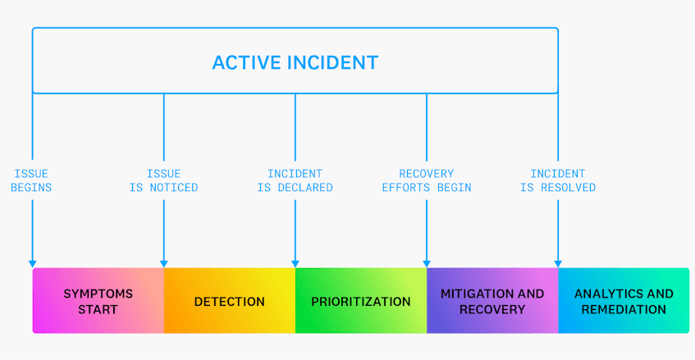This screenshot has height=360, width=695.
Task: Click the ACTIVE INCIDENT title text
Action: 295,62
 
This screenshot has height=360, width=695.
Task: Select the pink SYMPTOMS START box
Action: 98,301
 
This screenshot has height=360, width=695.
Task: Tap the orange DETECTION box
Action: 230,301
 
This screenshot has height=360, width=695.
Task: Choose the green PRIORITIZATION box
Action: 361,301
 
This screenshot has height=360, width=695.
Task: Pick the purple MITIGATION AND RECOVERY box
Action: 492,301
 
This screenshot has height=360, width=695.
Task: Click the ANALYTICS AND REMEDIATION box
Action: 624,301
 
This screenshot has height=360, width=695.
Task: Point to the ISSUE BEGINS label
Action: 31,180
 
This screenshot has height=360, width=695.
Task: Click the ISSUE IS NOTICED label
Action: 163,180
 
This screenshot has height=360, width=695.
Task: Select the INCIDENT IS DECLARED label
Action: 295,180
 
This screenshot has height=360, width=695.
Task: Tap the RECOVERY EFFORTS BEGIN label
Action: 427,180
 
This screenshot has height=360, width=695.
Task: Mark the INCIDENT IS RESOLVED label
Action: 558,180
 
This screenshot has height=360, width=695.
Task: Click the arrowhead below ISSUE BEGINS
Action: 32,264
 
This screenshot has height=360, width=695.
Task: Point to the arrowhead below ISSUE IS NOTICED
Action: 164,264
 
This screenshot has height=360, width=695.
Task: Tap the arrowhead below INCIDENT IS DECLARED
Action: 295,264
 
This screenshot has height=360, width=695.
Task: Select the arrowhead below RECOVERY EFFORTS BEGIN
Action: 427,264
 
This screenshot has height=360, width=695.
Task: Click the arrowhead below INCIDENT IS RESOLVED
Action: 558,264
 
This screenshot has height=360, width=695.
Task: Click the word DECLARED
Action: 305,188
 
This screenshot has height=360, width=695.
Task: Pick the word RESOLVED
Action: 569,188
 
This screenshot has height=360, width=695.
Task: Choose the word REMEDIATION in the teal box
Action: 624,309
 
